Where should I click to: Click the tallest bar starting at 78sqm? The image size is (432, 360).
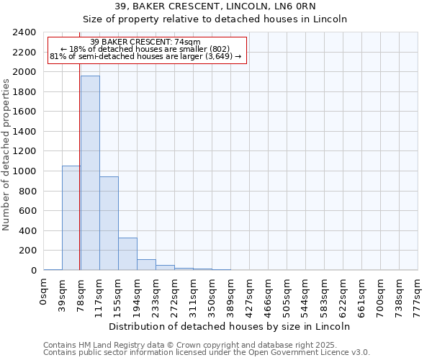pos(90,173)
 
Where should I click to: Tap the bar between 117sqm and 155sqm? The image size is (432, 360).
pos(109,223)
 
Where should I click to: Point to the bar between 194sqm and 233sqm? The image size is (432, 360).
pos(146,264)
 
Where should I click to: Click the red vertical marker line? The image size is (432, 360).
pos(79,180)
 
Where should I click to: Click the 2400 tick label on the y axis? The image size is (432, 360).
pos(24,32)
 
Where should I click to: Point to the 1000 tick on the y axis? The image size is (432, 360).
pos(24,171)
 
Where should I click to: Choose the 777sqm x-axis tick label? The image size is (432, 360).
pos(418,293)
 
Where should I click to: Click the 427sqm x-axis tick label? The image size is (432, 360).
pos(250,293)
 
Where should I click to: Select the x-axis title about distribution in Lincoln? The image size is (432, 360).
pos(230,326)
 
